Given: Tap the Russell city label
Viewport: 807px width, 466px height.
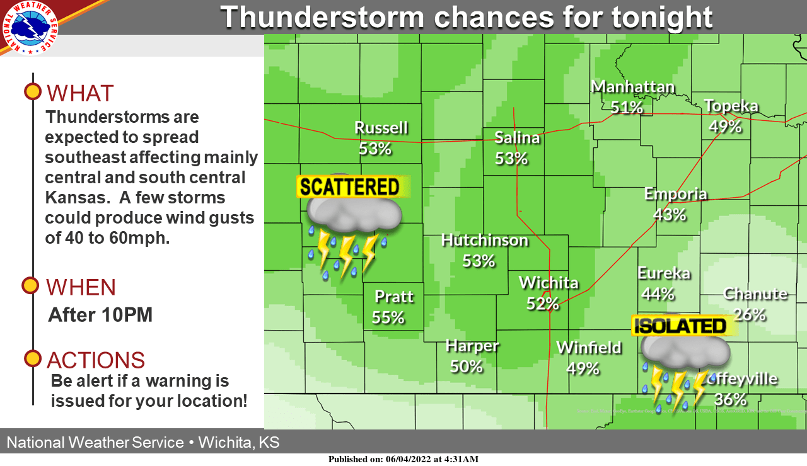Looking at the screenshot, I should (x=381, y=128).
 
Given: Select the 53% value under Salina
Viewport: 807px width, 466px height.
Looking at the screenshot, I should (x=511, y=158).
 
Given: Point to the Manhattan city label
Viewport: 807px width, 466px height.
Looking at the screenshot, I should (x=632, y=87).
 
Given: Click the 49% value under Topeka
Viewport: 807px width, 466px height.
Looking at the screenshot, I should (x=725, y=127).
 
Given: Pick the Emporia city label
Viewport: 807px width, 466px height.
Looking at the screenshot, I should (x=675, y=194).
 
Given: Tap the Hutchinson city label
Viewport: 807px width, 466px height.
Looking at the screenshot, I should (x=484, y=240).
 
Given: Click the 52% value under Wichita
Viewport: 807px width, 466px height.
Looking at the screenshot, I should (x=542, y=304).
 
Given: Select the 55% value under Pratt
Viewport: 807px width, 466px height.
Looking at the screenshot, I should (x=388, y=317).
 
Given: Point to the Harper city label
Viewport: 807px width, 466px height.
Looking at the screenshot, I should (x=472, y=346).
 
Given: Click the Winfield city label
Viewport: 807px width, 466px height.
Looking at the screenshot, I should (x=589, y=348).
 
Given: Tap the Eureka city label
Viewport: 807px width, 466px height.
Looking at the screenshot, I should (x=663, y=273).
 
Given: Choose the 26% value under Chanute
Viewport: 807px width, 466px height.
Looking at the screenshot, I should (x=749, y=314).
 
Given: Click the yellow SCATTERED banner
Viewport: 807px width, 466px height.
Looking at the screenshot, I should (x=350, y=187).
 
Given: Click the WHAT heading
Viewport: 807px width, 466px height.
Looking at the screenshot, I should (x=80, y=93).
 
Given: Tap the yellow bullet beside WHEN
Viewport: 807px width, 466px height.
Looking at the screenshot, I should (x=30, y=286).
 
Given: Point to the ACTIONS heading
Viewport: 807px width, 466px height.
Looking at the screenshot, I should (x=96, y=360).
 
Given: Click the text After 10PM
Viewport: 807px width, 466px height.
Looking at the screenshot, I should (x=100, y=315).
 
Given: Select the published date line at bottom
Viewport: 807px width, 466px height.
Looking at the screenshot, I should (x=403, y=459).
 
